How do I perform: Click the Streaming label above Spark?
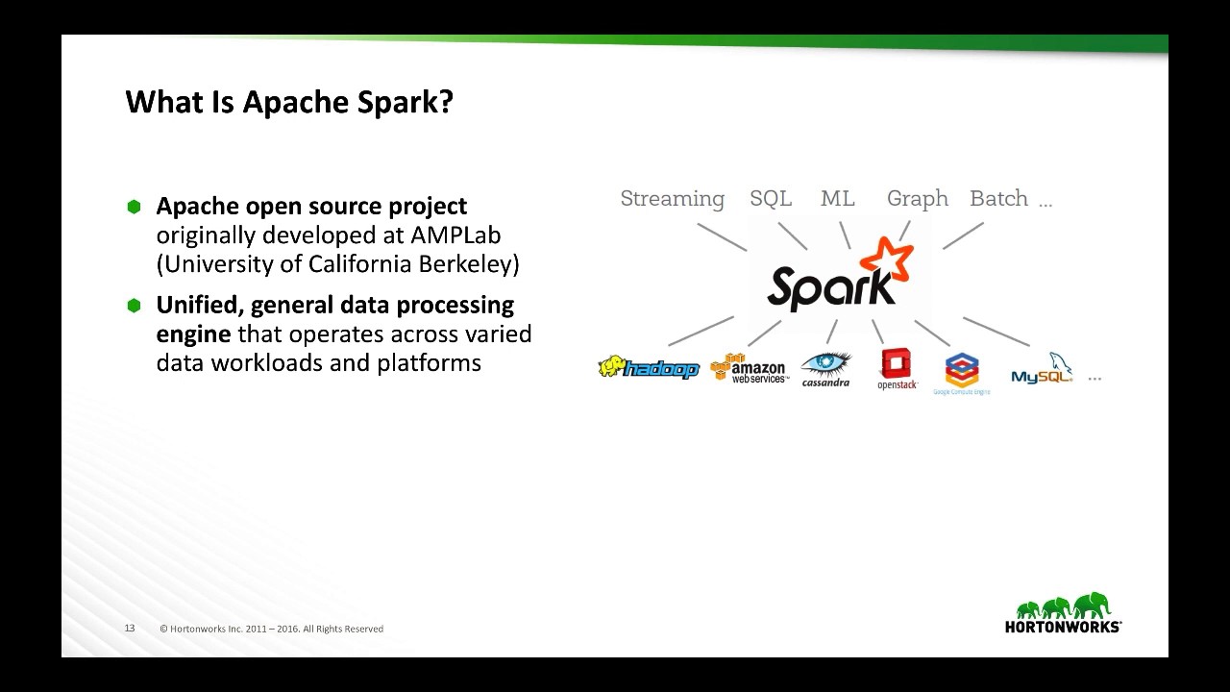pos(672,199)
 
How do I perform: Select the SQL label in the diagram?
pos(771,198)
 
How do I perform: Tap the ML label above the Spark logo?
pos(837,198)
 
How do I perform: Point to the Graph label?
pos(917,199)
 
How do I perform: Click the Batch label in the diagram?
pos(998,198)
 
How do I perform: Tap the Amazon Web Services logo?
pos(750,369)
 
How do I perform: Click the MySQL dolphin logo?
pos(1043,370)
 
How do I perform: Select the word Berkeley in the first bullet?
pos(471,263)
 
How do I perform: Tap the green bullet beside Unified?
pos(134,305)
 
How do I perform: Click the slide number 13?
pos(130,628)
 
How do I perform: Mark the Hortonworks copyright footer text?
pos(271,629)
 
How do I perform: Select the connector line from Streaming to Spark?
pos(722,237)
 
